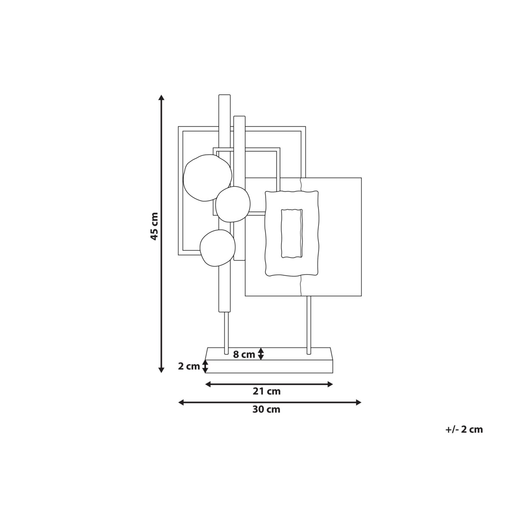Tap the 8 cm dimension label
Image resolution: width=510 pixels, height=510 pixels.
[244, 354]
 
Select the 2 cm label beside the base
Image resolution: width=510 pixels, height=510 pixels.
[189, 366]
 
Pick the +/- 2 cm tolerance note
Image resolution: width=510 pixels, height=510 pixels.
[464, 429]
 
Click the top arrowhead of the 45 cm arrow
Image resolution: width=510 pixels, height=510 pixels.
[161, 97]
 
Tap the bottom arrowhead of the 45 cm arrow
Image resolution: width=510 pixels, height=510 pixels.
[161, 370]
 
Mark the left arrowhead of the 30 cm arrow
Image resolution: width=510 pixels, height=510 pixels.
[181, 402]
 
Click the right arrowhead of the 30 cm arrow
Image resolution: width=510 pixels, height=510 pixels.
[358, 402]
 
